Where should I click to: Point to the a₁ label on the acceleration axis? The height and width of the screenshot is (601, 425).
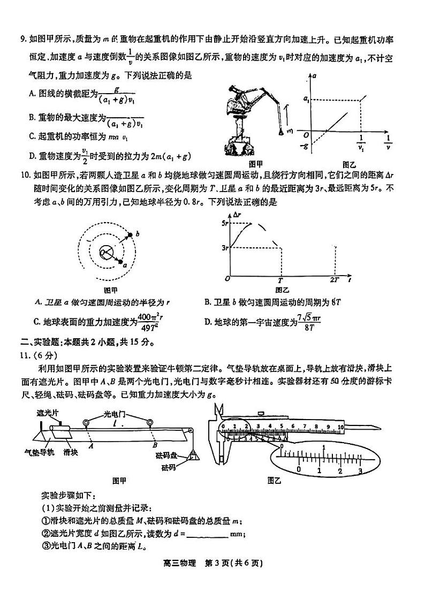(x=306, y=99)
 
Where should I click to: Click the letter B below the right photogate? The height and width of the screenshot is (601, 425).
(x=154, y=445)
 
